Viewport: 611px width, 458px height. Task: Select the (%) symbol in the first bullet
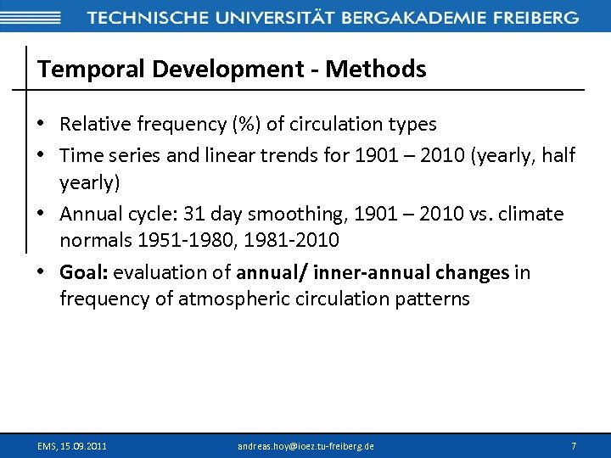tap(247, 125)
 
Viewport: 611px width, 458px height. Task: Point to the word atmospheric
tap(234, 299)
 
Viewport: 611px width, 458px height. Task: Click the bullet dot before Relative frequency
tap(42, 125)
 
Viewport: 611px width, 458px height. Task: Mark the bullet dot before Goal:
tap(42, 272)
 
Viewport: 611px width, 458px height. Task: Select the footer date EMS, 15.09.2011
tap(72, 445)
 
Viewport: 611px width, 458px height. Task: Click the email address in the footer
tap(305, 445)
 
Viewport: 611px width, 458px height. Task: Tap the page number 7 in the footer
tap(574, 445)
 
